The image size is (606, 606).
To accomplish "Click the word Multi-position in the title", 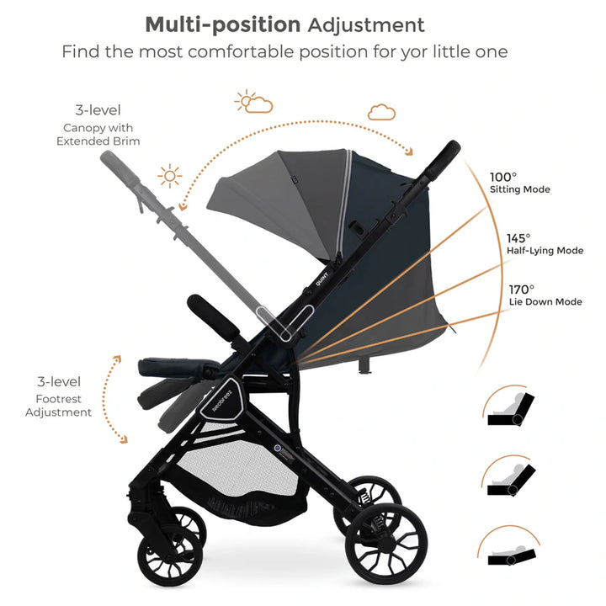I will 223,24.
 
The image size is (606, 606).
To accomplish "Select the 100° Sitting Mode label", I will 519,183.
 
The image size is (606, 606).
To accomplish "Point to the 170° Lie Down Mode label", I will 545,295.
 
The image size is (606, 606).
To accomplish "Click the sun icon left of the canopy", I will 170,177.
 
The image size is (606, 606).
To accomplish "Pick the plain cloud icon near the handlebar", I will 381,112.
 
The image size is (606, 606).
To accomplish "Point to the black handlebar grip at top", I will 445,161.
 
